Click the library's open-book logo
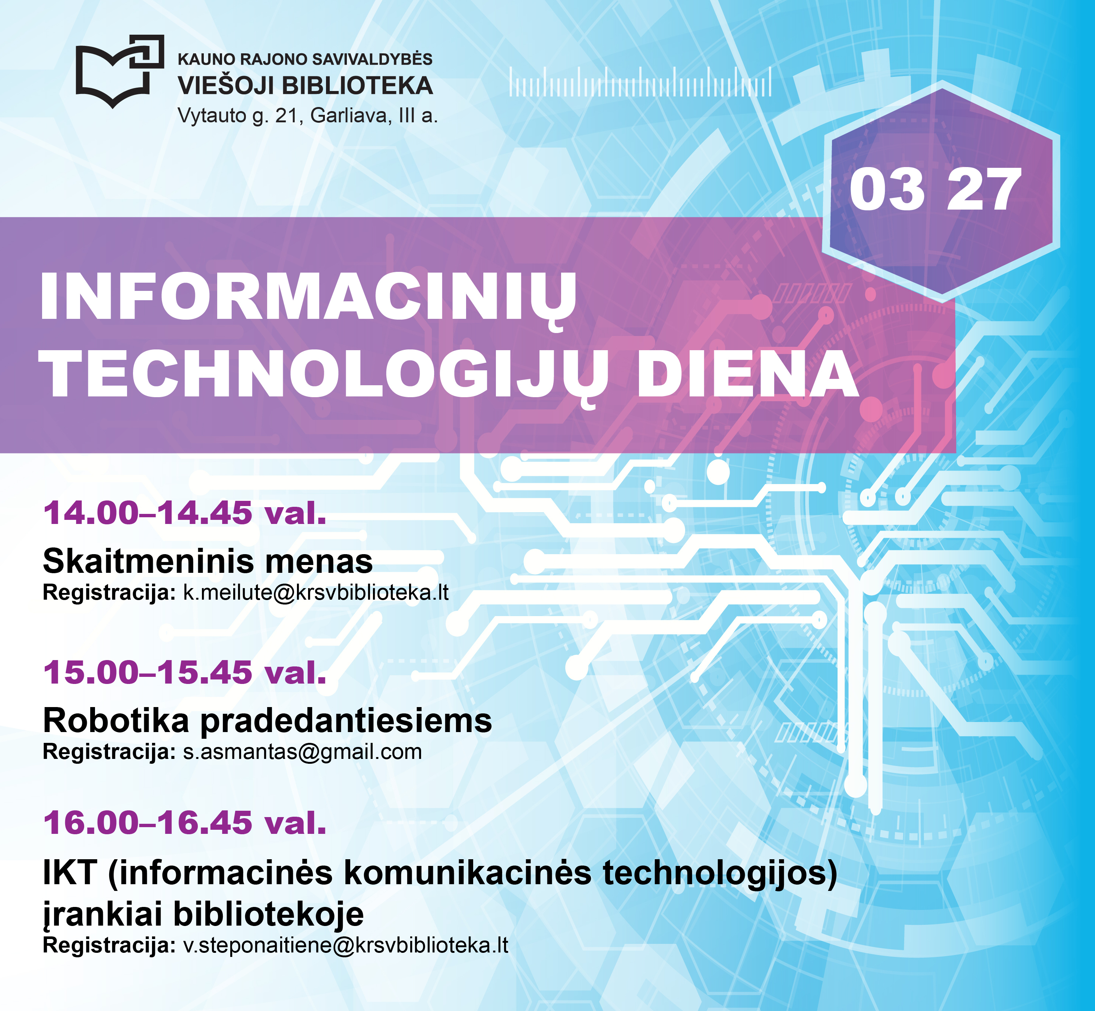point(120,71)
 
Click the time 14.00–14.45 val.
point(185,513)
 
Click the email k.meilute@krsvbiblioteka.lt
point(316,593)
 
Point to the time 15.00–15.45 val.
point(185,672)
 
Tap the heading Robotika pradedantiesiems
point(268,721)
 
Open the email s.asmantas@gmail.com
point(302,752)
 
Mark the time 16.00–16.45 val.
point(185,823)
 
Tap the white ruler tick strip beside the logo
point(640,82)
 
